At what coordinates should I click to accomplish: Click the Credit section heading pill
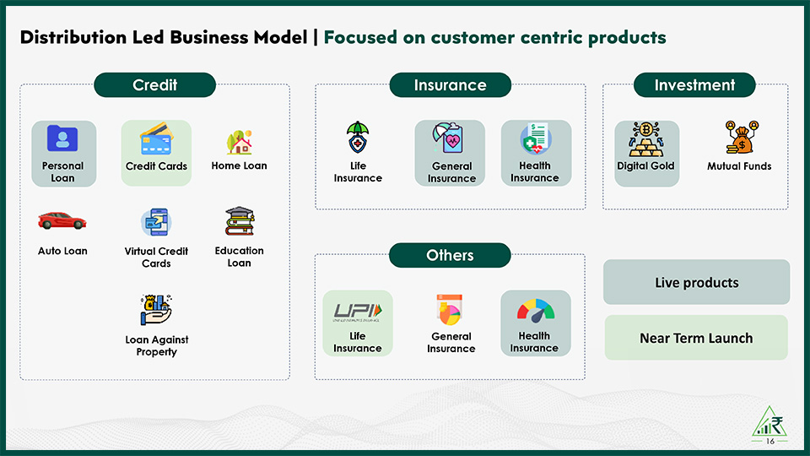point(154,85)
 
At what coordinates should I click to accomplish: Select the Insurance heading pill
point(450,85)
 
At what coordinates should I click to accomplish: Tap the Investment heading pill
point(694,85)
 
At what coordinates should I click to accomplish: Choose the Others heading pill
point(450,255)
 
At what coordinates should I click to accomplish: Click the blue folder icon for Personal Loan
point(62,138)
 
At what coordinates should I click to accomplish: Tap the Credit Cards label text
point(156,166)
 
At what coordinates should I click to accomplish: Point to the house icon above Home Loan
point(240,142)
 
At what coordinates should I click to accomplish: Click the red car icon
point(62,221)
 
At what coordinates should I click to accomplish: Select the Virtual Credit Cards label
point(156,257)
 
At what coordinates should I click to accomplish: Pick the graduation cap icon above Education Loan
point(240,221)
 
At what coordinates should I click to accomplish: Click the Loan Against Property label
point(156,345)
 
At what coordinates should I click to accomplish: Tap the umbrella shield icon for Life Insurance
point(358,138)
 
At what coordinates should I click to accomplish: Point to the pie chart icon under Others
point(451,310)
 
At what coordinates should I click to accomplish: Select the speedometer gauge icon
point(535,310)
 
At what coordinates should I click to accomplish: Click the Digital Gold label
point(645,166)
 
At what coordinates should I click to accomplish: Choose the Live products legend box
point(696,282)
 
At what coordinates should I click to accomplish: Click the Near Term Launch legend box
point(696,338)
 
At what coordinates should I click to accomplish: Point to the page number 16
point(769,442)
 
